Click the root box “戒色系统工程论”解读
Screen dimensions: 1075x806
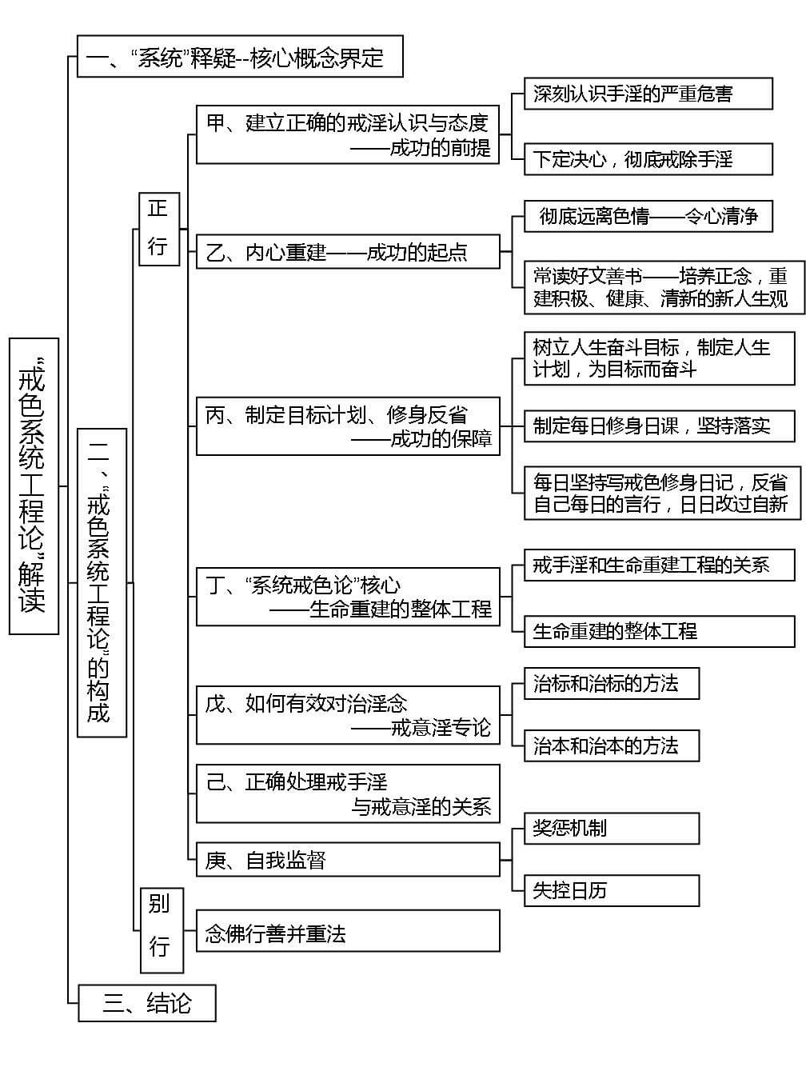tap(34, 486)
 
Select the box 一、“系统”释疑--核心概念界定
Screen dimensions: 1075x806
tap(239, 57)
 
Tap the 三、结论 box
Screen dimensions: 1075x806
tap(147, 1003)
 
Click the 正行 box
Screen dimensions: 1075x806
tap(158, 228)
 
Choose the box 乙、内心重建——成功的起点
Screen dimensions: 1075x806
tap(348, 253)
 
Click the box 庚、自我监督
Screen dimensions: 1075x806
tap(348, 861)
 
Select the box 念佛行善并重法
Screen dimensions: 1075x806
tap(348, 932)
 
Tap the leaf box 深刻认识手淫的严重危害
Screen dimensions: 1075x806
tap(648, 94)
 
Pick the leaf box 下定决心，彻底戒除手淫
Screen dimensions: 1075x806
tap(648, 159)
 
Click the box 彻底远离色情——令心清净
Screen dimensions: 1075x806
tap(648, 216)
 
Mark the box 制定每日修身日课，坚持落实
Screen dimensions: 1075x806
tap(660, 426)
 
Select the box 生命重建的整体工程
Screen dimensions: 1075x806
tap(660, 631)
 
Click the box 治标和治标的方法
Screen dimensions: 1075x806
tap(612, 684)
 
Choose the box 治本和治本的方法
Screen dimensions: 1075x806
tap(612, 745)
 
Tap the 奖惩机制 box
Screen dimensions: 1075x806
tap(612, 828)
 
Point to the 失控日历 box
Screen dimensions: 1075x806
tap(612, 890)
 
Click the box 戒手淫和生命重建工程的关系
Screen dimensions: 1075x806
tap(660, 565)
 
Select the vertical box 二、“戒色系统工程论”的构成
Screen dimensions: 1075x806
tap(102, 582)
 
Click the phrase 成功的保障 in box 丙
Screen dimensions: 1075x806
tap(441, 439)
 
